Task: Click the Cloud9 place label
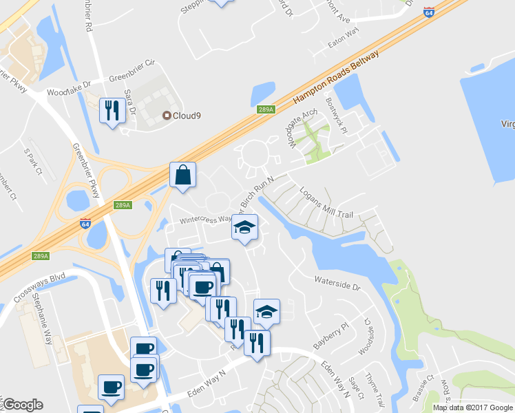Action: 182,115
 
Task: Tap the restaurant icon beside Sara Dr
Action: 112,111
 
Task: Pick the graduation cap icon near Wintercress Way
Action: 244,228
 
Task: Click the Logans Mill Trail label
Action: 326,204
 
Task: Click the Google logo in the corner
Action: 23,405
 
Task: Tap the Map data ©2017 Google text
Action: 472,407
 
